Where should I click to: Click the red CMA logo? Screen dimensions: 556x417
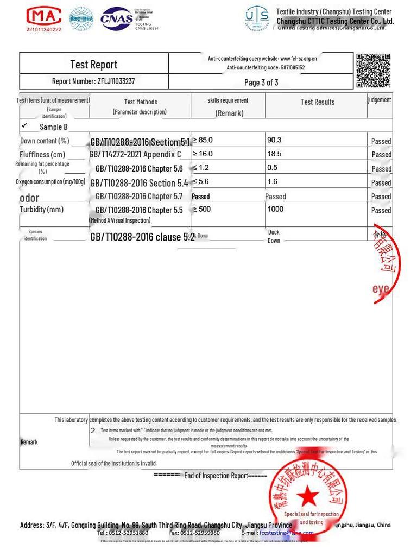tap(44, 16)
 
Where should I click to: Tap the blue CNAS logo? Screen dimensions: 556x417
tap(117, 18)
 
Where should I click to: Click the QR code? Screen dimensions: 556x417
tap(373, 71)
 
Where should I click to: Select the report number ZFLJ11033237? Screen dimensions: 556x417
tap(116, 81)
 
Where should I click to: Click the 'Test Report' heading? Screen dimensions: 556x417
tap(93, 65)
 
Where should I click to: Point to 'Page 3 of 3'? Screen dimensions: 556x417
tap(261, 83)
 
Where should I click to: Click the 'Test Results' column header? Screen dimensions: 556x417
tap(317, 102)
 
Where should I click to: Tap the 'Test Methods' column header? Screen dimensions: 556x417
tap(141, 102)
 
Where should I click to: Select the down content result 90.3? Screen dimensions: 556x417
tap(274, 140)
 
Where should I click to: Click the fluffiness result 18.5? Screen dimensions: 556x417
tap(274, 154)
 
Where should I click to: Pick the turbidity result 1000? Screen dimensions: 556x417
tap(275, 209)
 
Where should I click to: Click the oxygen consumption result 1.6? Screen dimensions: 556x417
tap(272, 182)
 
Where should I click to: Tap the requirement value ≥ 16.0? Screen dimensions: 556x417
tap(203, 154)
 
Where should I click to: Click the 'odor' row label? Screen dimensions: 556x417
tap(29, 198)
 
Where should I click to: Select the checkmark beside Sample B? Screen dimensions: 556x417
tap(24, 125)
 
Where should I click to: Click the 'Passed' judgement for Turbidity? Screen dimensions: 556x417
tap(381, 211)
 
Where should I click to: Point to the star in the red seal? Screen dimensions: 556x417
tap(308, 495)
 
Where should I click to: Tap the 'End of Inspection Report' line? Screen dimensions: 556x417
tap(215, 476)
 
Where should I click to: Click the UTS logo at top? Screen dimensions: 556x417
tap(257, 19)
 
